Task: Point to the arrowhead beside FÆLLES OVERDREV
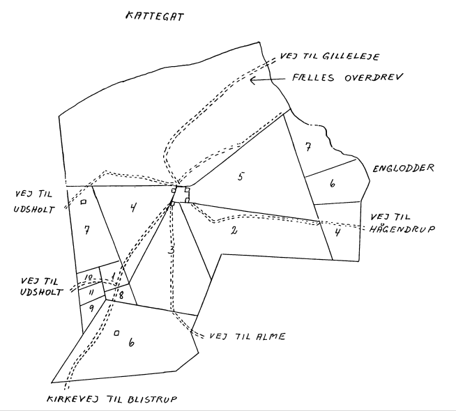click(x=254, y=81)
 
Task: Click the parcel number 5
click(x=240, y=176)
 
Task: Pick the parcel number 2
click(x=235, y=231)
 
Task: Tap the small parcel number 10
click(x=89, y=278)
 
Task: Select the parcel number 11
click(x=90, y=293)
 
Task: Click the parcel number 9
click(x=91, y=307)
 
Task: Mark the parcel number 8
click(x=119, y=296)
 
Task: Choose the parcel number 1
click(x=114, y=277)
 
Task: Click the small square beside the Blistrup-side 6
click(x=116, y=333)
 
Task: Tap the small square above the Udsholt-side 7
click(x=82, y=202)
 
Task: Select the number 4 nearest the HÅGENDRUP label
click(x=337, y=233)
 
